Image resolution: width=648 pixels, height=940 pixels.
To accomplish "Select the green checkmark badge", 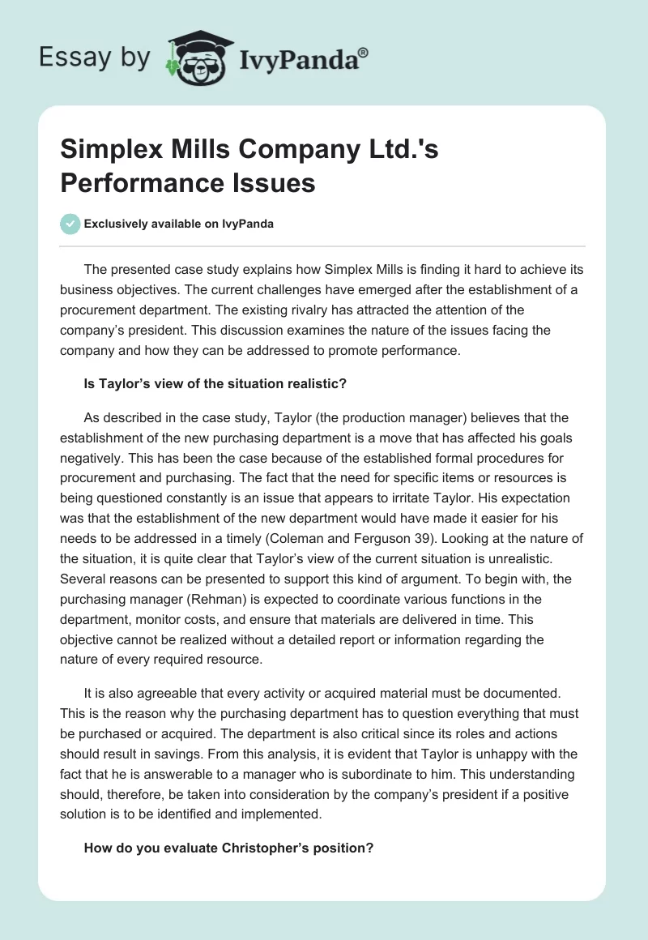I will coord(70,224).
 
